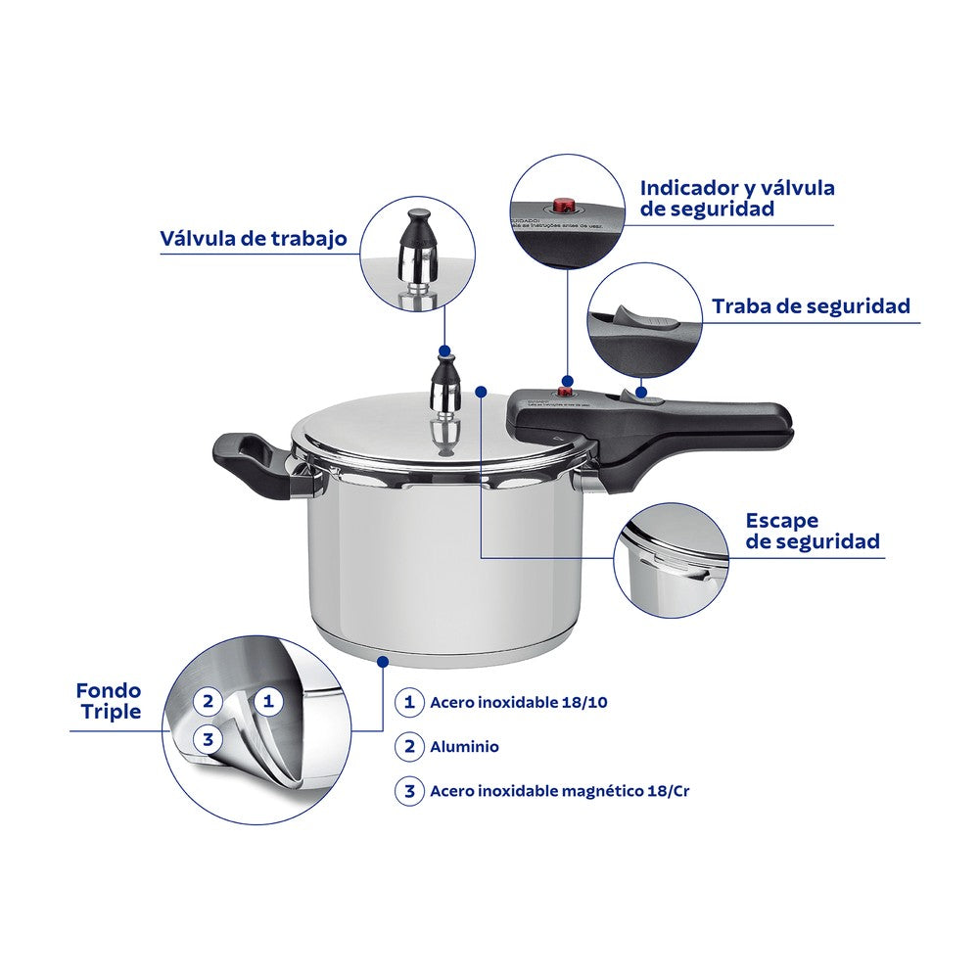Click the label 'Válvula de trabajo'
(x=254, y=239)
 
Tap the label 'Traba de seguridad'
(x=811, y=305)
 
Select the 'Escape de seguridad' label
(x=812, y=531)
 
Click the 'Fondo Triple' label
(x=108, y=701)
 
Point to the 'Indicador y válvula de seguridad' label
(x=736, y=198)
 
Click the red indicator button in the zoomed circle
(x=563, y=206)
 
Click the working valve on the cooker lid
(x=445, y=401)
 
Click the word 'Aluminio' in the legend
(x=464, y=746)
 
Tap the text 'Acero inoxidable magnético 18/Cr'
(x=559, y=791)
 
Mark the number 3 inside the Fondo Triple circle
(x=208, y=739)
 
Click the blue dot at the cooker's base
(x=383, y=662)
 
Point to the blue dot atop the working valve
(x=445, y=350)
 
